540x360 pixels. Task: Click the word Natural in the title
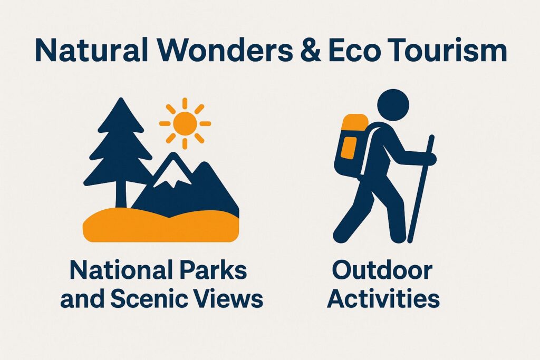pos(91,51)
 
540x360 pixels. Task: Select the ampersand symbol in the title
pos(311,51)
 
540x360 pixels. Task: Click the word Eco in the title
pos(354,51)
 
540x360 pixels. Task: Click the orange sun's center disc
pos(185,123)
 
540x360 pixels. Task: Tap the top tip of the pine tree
pos(121,99)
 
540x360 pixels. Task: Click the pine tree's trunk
pos(121,196)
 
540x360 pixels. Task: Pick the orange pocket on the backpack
pos(349,148)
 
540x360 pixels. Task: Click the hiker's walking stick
pos(421,189)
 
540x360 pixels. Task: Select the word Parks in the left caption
pos(213,270)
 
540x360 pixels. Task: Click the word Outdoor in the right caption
pos(382,270)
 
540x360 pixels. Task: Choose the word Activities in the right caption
pos(383,299)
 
